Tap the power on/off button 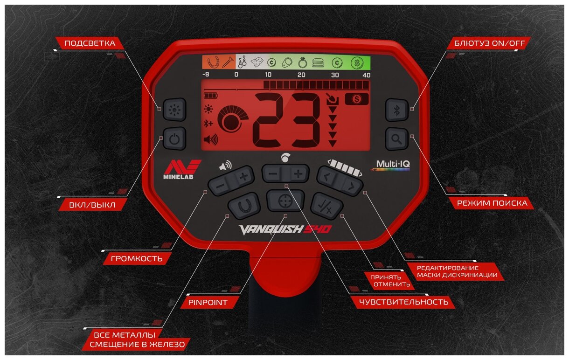(x=174, y=138)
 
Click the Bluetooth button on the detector (x=397, y=111)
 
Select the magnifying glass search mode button (x=397, y=138)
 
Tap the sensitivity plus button (x=299, y=174)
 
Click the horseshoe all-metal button (x=243, y=205)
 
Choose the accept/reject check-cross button (x=327, y=205)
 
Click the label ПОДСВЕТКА (x=90, y=43)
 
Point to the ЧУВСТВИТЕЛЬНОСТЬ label (x=403, y=302)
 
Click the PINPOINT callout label (x=208, y=303)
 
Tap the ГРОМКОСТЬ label (x=133, y=258)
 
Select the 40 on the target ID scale (x=366, y=75)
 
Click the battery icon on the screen (x=210, y=96)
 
